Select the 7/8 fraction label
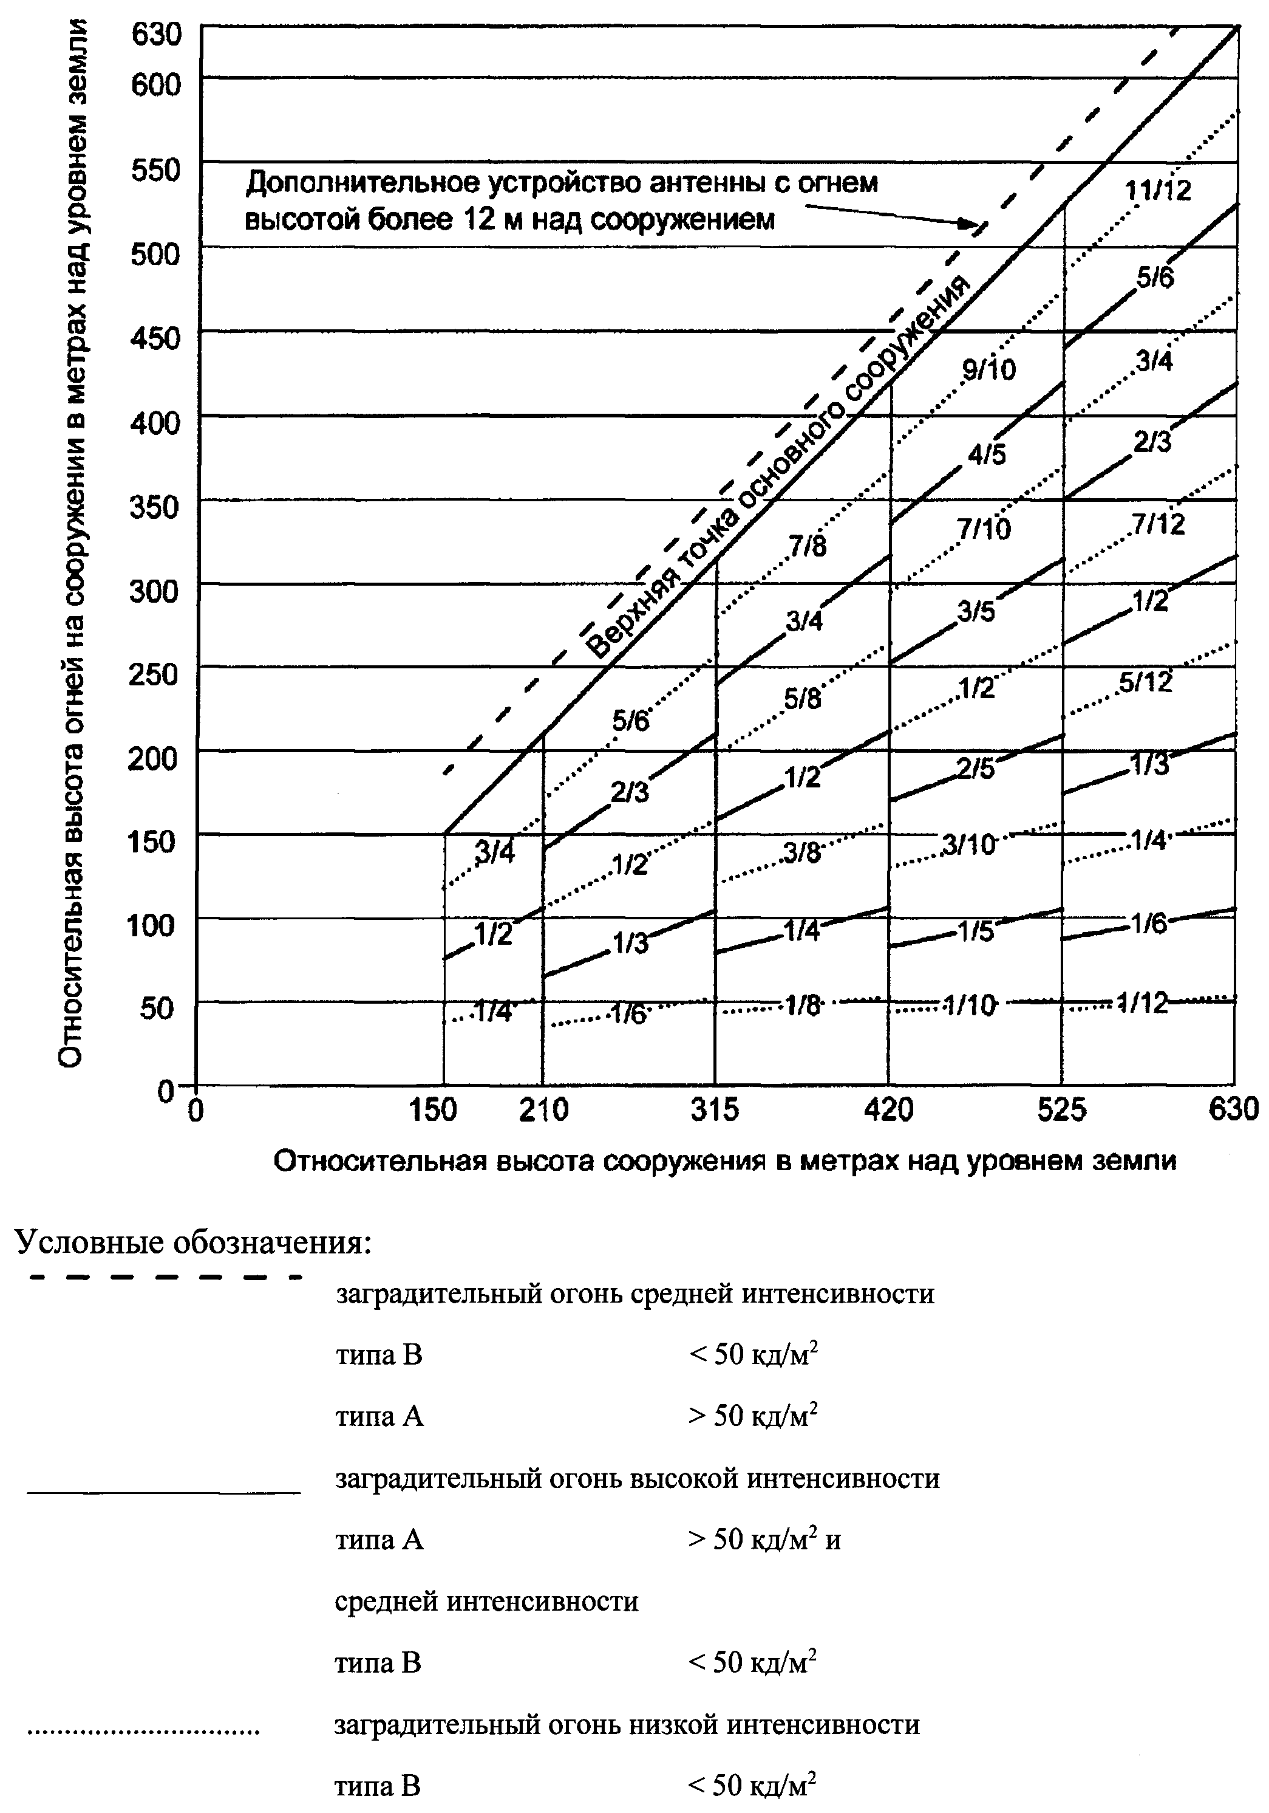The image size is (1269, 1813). [808, 546]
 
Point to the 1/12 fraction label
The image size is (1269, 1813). [1143, 1003]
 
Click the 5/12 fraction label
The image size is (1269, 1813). [1146, 682]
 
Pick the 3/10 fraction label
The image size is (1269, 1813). [969, 846]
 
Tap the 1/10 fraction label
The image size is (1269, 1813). [969, 1006]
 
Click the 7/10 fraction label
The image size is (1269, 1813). [984, 530]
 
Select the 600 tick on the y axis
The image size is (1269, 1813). [155, 84]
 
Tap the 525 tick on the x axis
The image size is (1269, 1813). [1061, 1110]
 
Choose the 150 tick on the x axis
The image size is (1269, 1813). [434, 1110]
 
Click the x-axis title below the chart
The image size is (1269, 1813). [724, 1160]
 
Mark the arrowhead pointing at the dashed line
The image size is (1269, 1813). [967, 224]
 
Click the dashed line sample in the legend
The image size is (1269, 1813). [164, 1277]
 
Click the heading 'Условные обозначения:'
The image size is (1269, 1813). [192, 1243]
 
